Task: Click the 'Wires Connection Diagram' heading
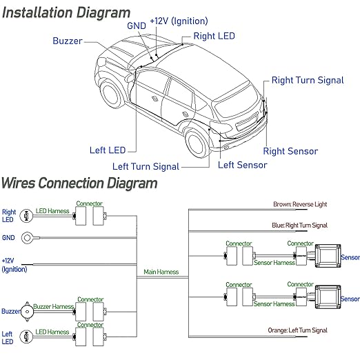[79, 183]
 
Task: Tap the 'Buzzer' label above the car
[67, 41]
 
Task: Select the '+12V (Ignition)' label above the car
[176, 22]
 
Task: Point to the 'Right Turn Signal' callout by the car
[307, 80]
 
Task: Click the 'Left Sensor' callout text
[242, 165]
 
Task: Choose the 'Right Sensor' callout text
[290, 151]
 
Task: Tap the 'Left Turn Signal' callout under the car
[146, 166]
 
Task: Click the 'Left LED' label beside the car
[107, 150]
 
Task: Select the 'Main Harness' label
[161, 272]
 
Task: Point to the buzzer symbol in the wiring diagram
[26, 311]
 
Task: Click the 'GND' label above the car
[137, 26]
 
